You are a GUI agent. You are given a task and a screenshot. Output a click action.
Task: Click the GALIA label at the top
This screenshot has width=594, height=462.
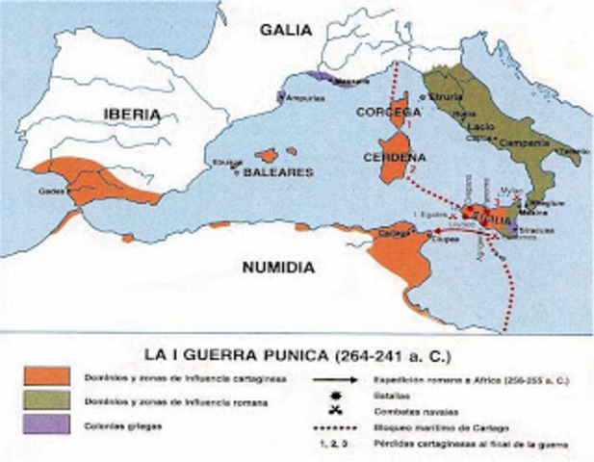(286, 30)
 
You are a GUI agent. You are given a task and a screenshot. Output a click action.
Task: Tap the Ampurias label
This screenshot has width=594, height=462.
(307, 97)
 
